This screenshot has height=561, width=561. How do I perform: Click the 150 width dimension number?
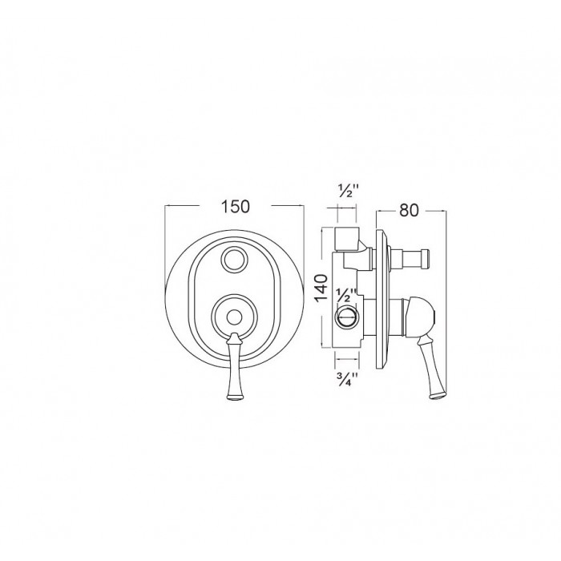(x=236, y=207)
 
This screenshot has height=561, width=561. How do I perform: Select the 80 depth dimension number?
(x=409, y=210)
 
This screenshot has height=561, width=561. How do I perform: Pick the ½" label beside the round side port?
(x=345, y=296)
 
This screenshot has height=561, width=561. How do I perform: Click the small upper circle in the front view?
(x=234, y=260)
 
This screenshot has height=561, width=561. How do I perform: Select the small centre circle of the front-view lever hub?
(x=234, y=317)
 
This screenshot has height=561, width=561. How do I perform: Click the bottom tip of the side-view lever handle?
(x=438, y=395)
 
